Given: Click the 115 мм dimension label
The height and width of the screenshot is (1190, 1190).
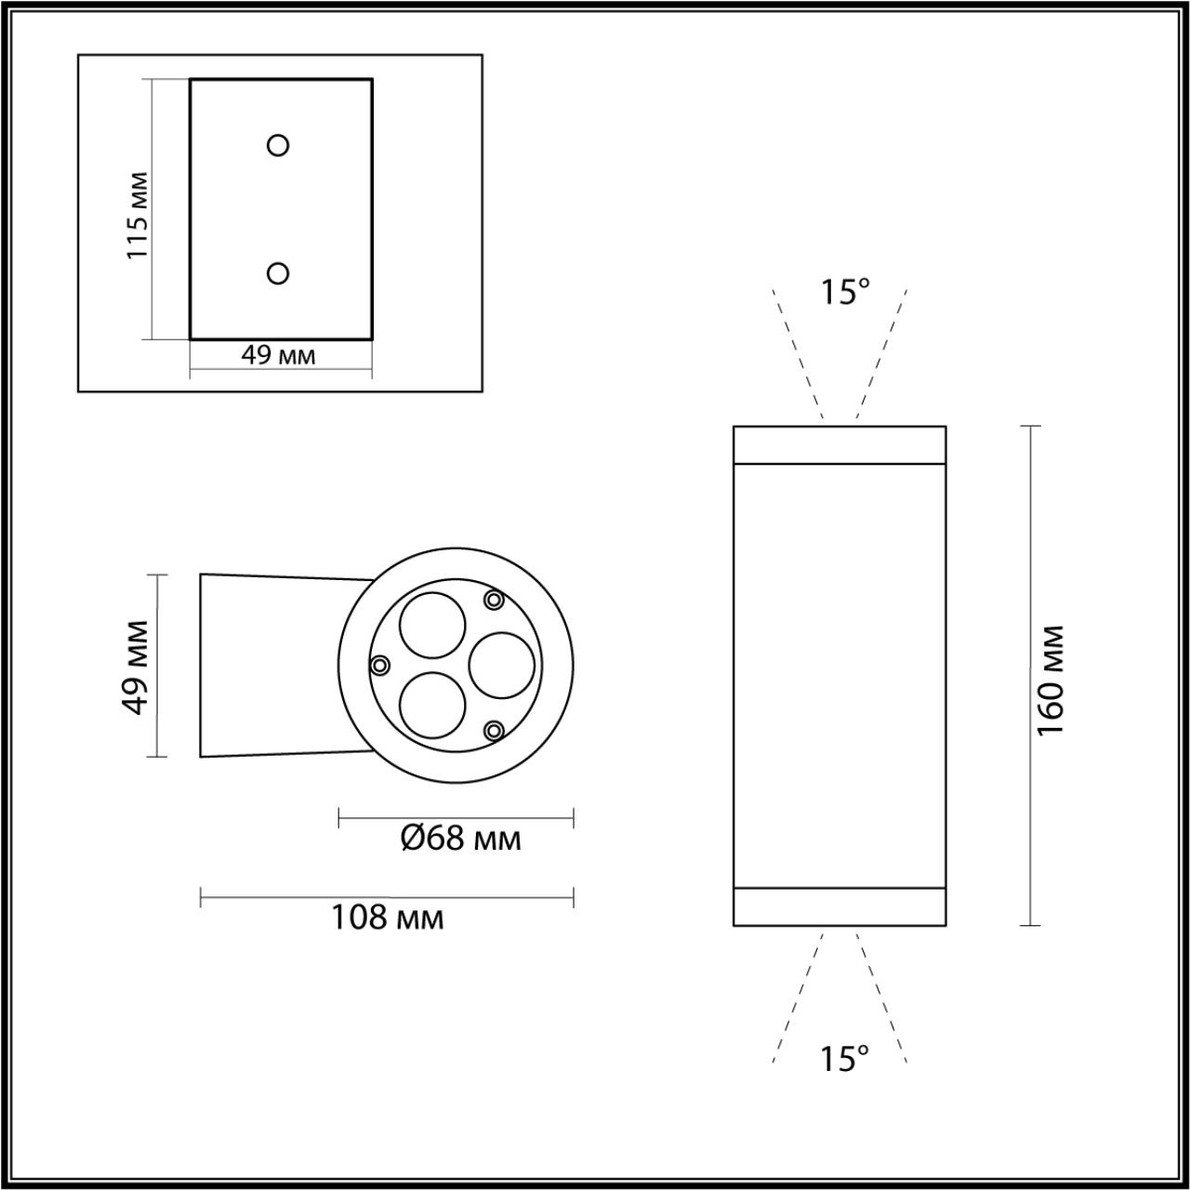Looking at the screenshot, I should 138,215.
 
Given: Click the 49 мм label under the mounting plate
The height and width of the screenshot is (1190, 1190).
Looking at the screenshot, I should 278,355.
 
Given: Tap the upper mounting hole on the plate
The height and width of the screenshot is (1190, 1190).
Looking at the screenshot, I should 278,145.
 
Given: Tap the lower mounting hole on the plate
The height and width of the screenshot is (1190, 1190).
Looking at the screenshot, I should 278,272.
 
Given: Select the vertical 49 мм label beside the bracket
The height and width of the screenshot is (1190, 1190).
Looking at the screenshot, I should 136,666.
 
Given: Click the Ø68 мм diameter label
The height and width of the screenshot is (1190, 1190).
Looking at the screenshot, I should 460,839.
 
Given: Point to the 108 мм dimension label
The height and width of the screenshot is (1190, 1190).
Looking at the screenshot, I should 388,918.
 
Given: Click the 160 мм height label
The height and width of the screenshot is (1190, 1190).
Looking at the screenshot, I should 1051,681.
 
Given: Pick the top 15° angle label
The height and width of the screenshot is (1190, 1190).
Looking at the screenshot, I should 844,292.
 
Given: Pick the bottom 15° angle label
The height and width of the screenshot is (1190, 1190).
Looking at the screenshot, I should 844,1058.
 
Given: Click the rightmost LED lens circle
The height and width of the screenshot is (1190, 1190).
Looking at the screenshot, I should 502,665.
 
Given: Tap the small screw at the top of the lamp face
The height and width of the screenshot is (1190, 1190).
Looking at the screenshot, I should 495,600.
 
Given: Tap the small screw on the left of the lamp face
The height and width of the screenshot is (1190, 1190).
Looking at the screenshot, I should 379,665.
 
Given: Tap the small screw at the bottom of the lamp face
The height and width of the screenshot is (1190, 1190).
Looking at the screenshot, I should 495,731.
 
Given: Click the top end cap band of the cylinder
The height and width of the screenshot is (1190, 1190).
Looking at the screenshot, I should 840,444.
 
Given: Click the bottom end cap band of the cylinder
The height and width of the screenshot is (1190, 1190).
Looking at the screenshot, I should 840,906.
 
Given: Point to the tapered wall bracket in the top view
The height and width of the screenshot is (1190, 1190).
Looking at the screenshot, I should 270,666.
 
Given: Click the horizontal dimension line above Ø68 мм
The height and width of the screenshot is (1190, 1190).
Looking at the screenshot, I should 456,818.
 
